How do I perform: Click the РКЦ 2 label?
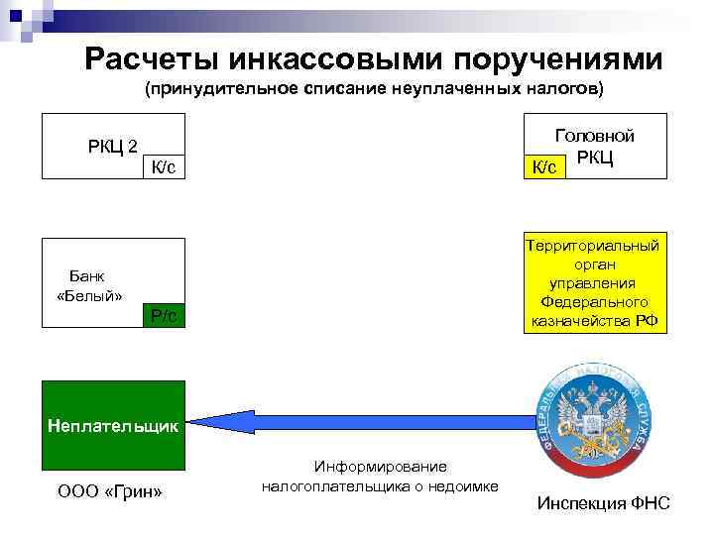[x=113, y=148]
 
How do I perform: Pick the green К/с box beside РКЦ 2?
[x=164, y=167]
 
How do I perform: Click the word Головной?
[x=595, y=137]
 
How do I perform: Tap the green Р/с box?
[x=164, y=316]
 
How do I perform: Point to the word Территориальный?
[x=593, y=246]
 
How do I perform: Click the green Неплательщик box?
[x=113, y=426]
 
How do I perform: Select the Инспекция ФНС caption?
[x=603, y=504]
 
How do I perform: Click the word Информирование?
[x=381, y=466]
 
